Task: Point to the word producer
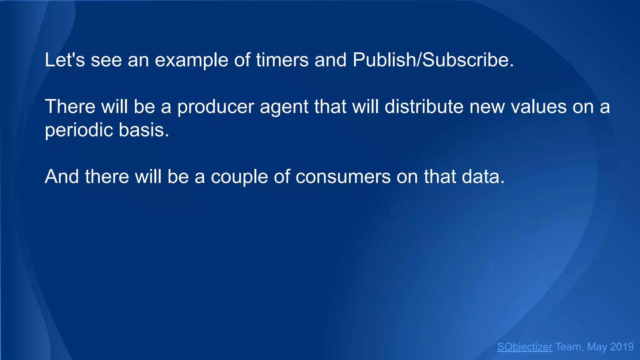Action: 216,107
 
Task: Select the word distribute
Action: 424,107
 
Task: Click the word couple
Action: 239,177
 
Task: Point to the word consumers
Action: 343,177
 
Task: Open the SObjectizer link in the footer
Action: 525,347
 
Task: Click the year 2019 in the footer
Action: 622,347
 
